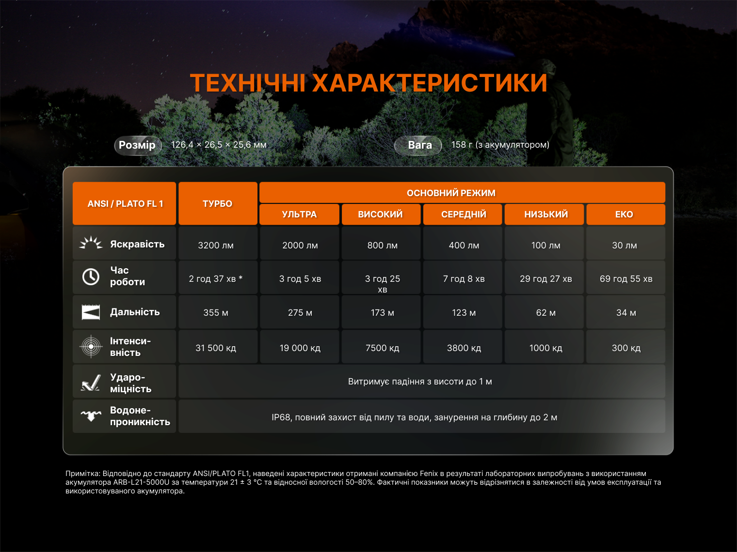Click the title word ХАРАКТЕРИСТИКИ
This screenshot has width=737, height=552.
pos(430,83)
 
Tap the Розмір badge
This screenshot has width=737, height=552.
pos(138,145)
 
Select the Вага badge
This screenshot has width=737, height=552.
pos(418,145)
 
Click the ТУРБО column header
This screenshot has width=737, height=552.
pos(218,203)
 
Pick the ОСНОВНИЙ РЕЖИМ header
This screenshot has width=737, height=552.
pos(462,193)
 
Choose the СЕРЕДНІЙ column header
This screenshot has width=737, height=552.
pos(463,214)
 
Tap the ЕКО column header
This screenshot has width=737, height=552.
pos(625,214)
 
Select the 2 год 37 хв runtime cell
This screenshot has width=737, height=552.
pos(218,278)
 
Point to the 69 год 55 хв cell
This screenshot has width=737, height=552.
pos(625,278)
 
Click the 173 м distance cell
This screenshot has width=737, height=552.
pos(381,312)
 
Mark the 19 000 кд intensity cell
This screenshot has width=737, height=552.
pos(300,347)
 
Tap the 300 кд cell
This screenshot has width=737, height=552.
pos(625,347)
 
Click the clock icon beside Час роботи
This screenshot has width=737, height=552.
pos(91,277)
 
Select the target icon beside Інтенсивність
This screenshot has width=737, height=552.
pos(91,346)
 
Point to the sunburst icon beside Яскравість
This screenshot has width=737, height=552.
pos(91,243)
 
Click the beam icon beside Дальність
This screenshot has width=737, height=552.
pos(91,312)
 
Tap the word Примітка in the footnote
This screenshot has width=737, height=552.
pos(82,474)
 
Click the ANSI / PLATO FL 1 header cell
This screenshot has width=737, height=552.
pos(125,203)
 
